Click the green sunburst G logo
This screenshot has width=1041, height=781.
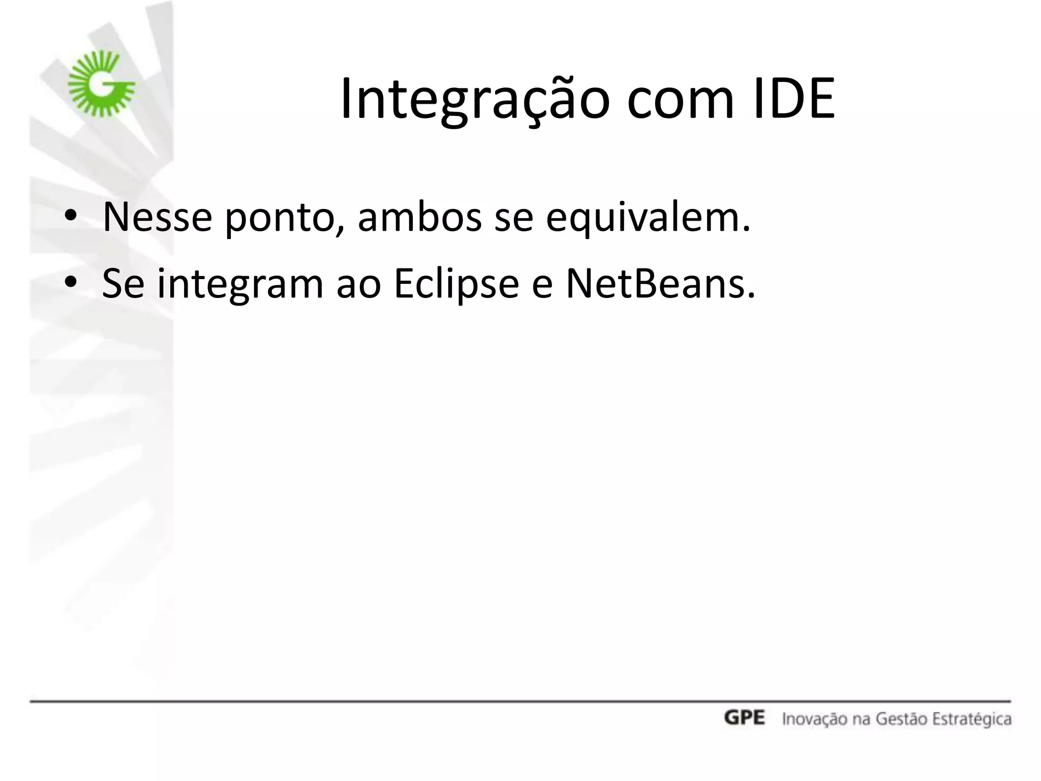point(102,84)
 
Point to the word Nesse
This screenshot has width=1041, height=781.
point(157,217)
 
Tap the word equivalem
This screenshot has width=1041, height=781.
point(648,218)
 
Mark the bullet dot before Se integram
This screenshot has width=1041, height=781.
point(71,283)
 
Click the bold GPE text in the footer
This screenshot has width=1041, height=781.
point(744,718)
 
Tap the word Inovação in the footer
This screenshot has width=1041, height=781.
point(811,719)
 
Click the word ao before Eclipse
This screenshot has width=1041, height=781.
point(359,284)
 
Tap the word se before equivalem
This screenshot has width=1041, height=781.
point(513,218)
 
